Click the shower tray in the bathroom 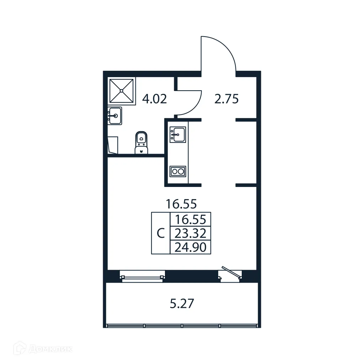(x=122, y=91)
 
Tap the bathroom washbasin (x=115, y=116)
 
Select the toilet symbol (x=141, y=143)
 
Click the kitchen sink (x=177, y=134)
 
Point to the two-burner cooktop (x=177, y=171)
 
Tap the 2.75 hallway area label (x=226, y=99)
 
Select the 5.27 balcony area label (x=182, y=304)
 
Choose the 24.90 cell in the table (x=191, y=247)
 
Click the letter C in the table (x=161, y=234)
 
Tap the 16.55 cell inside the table (x=191, y=219)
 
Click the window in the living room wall (x=142, y=277)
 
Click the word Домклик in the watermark (x=50, y=349)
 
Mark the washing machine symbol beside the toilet (x=113, y=145)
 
